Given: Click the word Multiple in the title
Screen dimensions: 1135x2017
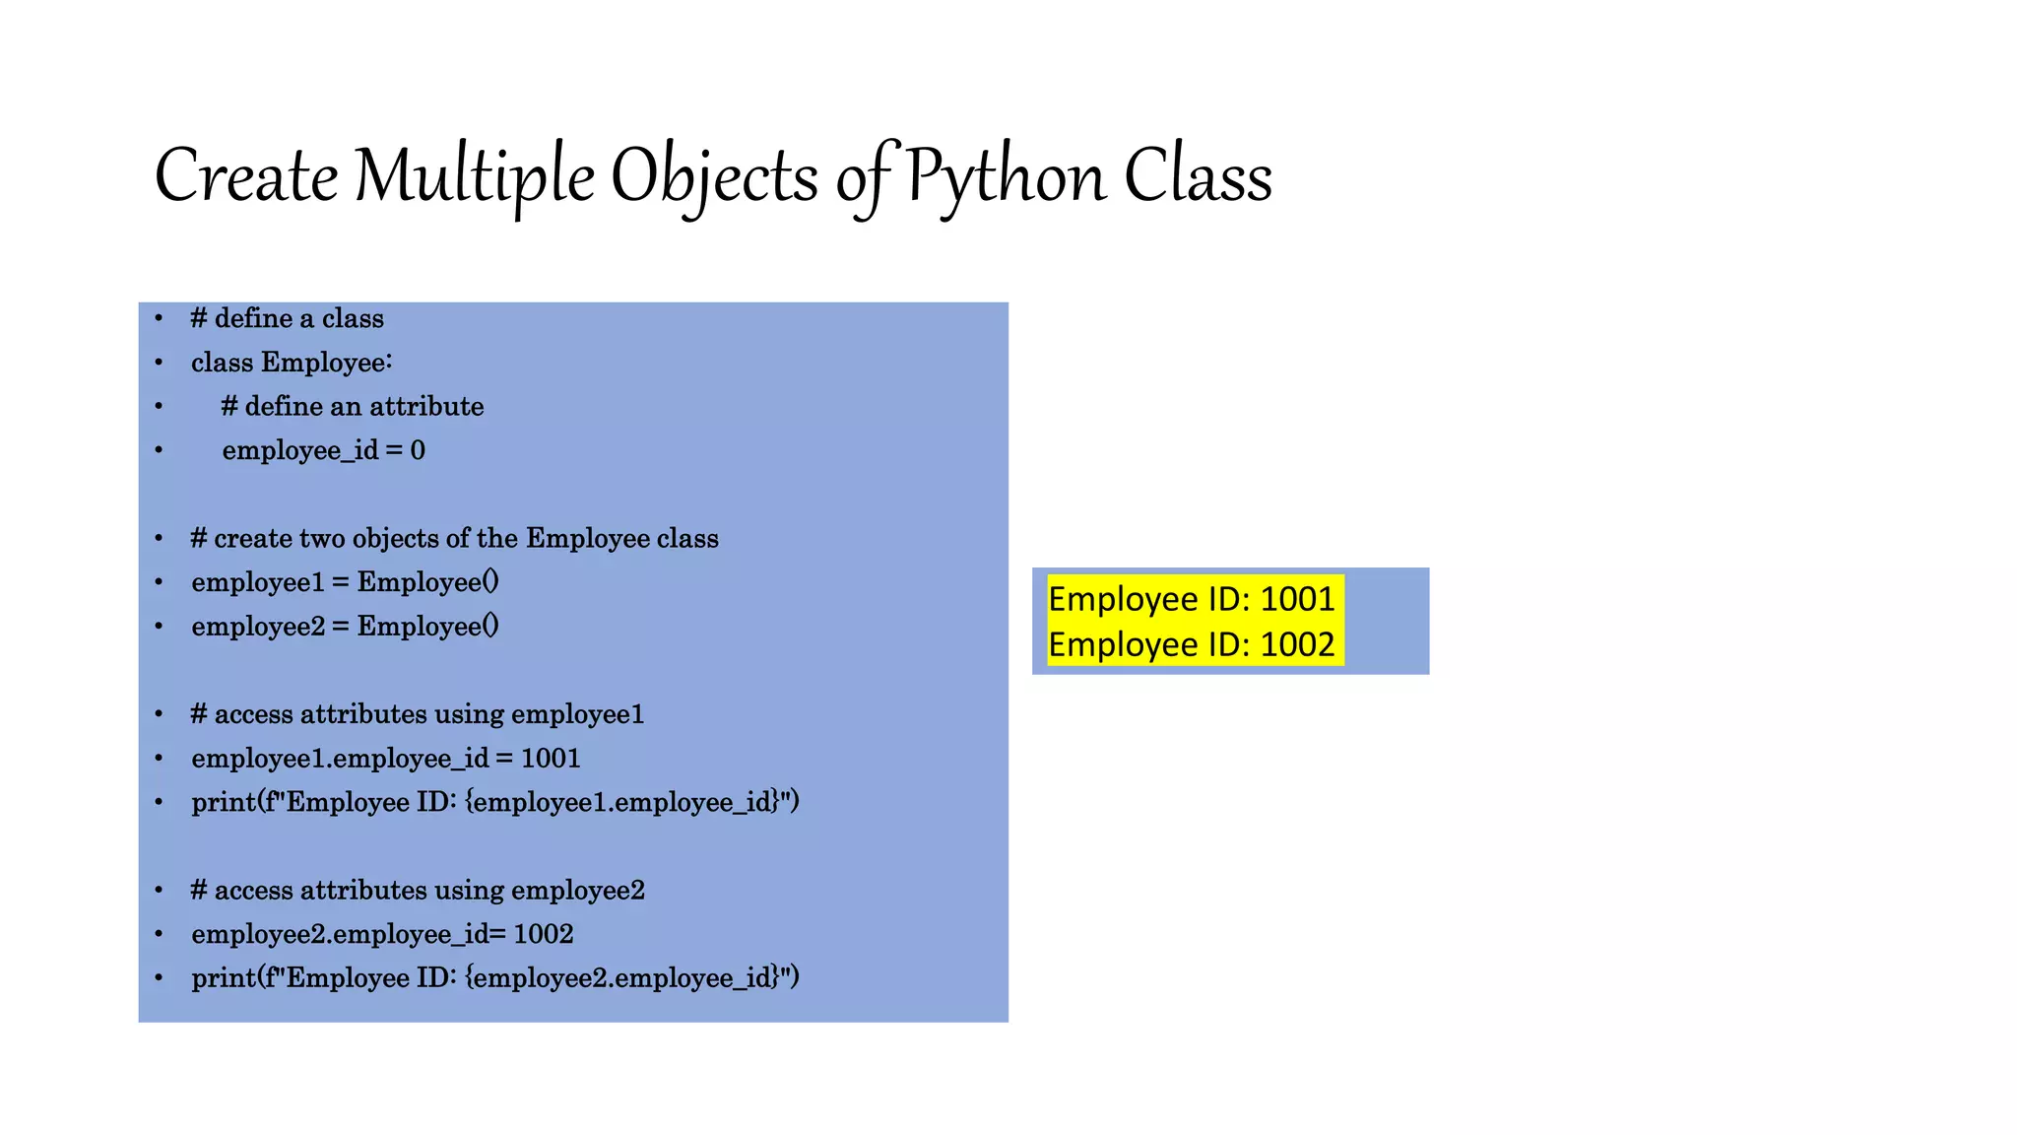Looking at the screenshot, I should click(x=474, y=176).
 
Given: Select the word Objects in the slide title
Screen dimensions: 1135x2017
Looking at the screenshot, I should click(x=714, y=178).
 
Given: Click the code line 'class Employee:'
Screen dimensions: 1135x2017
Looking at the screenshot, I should click(x=292, y=363).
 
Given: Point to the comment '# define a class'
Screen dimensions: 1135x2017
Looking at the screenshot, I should click(x=287, y=318).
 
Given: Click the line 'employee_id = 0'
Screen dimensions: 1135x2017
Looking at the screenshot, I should click(x=323, y=450).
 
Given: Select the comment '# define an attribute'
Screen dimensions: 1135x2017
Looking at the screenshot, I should click(x=352, y=406).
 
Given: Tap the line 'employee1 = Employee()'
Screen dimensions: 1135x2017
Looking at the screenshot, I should click(x=345, y=582).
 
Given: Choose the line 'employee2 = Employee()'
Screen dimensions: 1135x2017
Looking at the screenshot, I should click(x=345, y=627).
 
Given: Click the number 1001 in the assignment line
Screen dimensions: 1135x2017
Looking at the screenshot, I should click(x=551, y=758).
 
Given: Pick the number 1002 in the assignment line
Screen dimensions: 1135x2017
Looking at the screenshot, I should click(x=544, y=934).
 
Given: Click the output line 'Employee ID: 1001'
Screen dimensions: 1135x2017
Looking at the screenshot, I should click(x=1191, y=599).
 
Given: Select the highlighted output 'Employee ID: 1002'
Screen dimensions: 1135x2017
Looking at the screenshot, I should click(x=1191, y=644).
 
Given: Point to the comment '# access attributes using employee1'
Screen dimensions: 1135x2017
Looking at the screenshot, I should click(x=417, y=714).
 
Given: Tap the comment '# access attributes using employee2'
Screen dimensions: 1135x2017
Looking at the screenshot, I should click(x=417, y=891).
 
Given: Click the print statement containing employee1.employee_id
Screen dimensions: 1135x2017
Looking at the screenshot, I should click(x=494, y=802).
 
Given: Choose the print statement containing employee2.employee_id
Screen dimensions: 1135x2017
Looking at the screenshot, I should click(x=494, y=978).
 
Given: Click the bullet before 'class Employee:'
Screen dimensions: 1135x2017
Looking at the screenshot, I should click(x=159, y=363).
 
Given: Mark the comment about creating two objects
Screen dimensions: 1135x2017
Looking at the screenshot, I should click(x=454, y=538).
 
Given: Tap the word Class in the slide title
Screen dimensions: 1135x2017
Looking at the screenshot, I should click(x=1198, y=176).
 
